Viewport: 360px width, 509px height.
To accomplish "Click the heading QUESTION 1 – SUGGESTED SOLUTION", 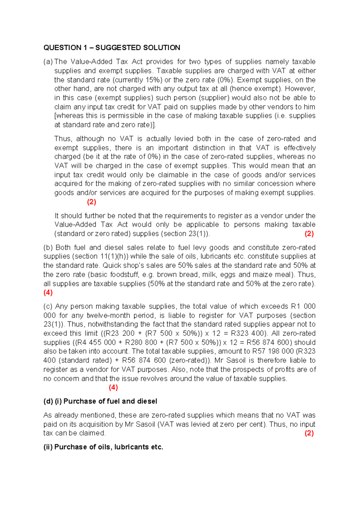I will [112, 48].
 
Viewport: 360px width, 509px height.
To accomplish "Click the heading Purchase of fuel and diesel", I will [110, 401].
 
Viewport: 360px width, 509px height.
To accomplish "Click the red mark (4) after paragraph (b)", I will [48, 292].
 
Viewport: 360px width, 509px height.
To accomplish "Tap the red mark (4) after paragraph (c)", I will [113, 387].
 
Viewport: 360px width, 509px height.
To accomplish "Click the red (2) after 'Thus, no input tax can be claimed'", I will [309, 433].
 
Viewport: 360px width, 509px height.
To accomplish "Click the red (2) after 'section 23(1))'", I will [309, 234].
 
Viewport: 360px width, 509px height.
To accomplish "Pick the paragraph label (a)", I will [48, 62].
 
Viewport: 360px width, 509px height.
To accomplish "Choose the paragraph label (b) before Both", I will [48, 248].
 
